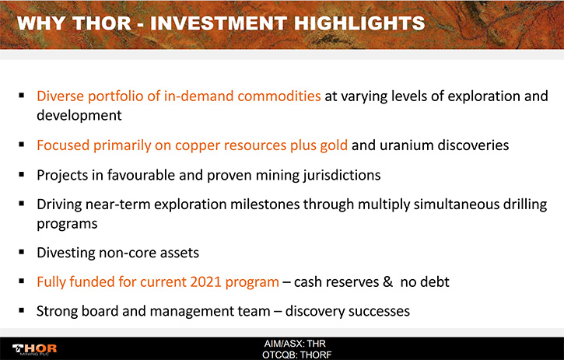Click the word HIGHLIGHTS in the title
point(359,23)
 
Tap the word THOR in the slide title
point(102,23)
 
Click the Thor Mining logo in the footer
point(34,349)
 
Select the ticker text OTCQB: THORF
point(296,355)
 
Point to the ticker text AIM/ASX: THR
point(295,344)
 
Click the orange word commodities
point(279,96)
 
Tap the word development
point(79,115)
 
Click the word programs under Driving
point(67,224)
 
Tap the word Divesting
point(66,253)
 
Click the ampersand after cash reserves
point(387,282)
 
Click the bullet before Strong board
point(22,310)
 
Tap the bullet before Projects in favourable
point(22,174)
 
